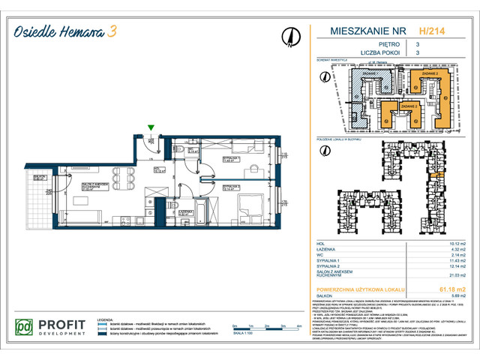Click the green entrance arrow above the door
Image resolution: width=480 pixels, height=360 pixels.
click(152, 128)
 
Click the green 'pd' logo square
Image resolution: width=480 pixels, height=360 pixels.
click(25, 328)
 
